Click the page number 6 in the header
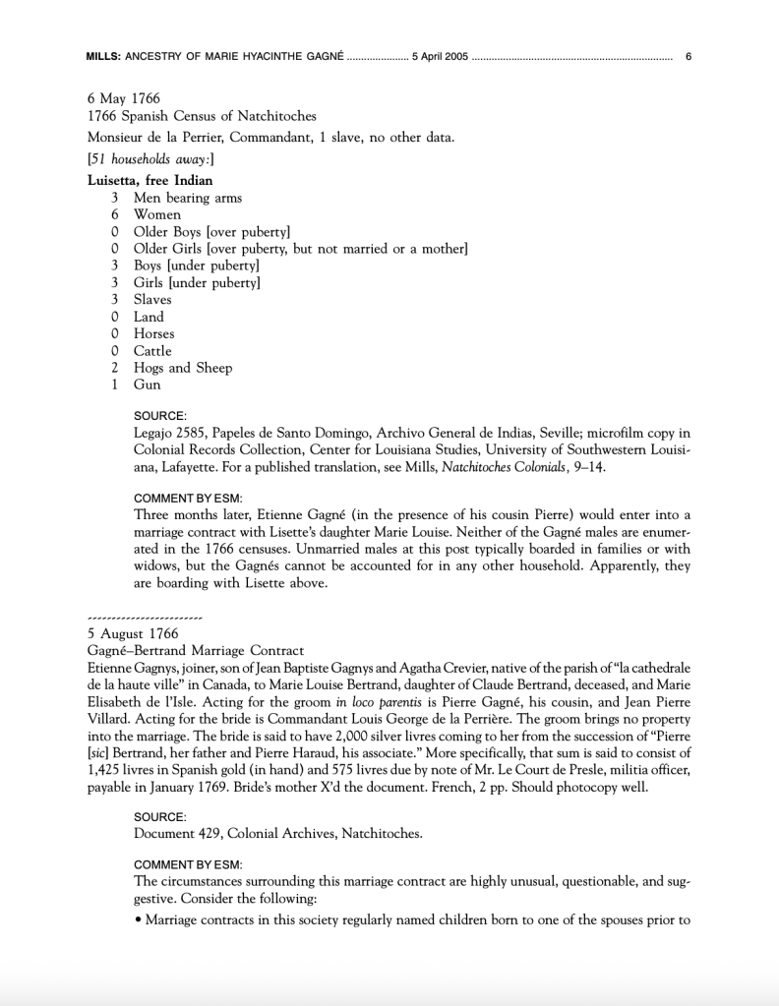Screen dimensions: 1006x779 pyautogui.click(x=689, y=57)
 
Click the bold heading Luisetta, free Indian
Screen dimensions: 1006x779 pyautogui.click(x=150, y=180)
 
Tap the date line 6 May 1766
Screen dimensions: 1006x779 pyautogui.click(x=123, y=99)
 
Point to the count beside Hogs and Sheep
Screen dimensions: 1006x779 pyautogui.click(x=115, y=368)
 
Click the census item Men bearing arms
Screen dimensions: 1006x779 pyautogui.click(x=188, y=198)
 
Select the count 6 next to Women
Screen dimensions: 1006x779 pyautogui.click(x=115, y=214)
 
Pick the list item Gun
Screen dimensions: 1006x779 pyautogui.click(x=147, y=385)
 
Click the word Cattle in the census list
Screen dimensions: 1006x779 pyautogui.click(x=152, y=351)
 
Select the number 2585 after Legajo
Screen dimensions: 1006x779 pyautogui.click(x=191, y=433)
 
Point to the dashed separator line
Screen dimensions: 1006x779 pyautogui.click(x=145, y=618)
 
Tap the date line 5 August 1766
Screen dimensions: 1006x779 pyautogui.click(x=133, y=634)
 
